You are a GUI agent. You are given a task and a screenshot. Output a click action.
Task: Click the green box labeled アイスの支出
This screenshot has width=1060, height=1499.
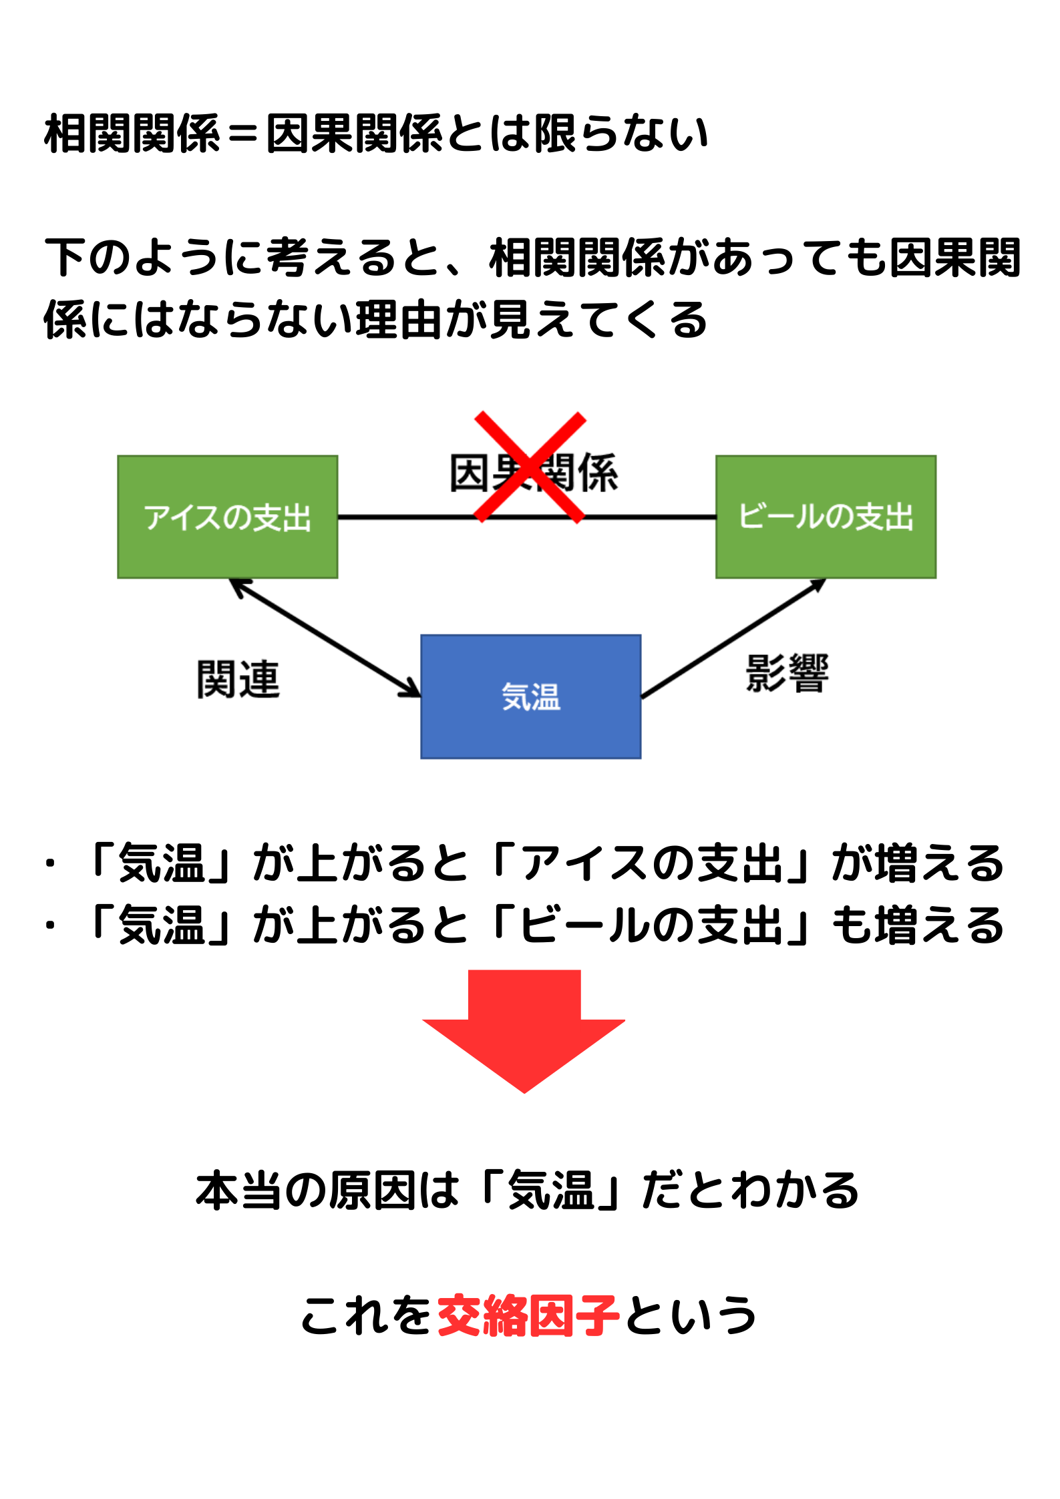point(227,517)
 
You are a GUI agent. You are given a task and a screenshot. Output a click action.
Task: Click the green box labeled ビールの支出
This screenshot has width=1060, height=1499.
point(826,517)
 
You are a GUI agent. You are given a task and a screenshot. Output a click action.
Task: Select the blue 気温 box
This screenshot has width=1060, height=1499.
point(530,696)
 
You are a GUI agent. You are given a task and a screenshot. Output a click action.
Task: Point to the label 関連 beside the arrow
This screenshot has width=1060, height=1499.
point(238,679)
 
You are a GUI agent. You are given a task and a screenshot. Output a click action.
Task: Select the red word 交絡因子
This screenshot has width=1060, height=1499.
point(528,1315)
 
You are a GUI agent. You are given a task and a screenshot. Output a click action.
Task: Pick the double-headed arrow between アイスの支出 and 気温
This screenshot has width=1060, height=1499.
point(325,638)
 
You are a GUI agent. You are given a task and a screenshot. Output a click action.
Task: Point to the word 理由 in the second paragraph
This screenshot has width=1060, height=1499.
point(399,319)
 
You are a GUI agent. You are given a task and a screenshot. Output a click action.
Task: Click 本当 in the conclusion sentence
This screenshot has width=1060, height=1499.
point(238,1191)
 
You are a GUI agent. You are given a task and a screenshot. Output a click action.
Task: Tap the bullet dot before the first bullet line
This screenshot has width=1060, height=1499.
point(50,863)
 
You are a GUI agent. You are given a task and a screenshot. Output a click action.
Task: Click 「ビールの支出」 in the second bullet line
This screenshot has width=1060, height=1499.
point(652,925)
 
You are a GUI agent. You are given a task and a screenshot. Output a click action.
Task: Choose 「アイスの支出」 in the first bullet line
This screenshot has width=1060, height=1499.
point(652,863)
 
